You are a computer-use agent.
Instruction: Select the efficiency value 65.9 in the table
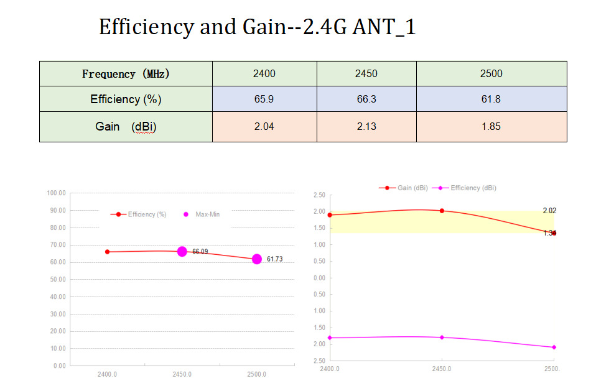tap(264, 99)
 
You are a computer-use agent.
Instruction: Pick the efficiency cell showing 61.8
tap(491, 99)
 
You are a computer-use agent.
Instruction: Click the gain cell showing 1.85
tap(491, 126)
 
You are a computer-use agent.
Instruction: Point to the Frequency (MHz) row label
tap(126, 73)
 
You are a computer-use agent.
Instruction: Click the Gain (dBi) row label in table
tap(126, 126)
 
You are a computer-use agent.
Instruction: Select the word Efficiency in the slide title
tap(146, 27)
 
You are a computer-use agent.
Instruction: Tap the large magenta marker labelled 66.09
tap(182, 251)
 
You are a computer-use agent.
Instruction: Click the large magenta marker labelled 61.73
tap(257, 259)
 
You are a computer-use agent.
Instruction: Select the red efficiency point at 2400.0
tap(108, 252)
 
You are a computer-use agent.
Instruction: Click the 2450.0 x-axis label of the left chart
tap(182, 375)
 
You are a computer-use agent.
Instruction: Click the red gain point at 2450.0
tap(442, 211)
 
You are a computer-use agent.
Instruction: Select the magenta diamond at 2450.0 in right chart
tap(442, 338)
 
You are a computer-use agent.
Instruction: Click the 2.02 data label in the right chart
tap(549, 211)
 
